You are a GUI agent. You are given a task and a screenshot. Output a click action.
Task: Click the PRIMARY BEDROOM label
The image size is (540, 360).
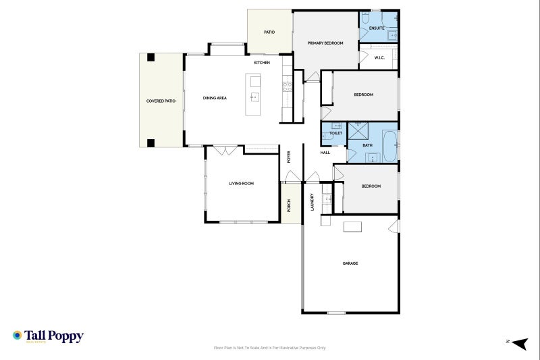coord(325,43)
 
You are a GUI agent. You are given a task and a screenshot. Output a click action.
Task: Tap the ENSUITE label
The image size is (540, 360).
coord(377,28)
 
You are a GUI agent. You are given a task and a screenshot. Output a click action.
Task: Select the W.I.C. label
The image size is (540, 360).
coord(379,57)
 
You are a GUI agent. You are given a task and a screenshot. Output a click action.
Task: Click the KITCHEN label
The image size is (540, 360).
coord(262,63)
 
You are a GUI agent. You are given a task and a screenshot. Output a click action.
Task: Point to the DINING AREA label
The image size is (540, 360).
coord(215,98)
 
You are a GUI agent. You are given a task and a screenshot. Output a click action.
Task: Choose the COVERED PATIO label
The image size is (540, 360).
coord(161,101)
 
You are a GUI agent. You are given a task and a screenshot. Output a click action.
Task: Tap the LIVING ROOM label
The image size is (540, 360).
coord(241,183)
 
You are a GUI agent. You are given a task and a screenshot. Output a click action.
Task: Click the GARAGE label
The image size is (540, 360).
coord(350,263)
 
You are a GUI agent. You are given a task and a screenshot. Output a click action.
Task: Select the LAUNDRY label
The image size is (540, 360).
coord(313,203)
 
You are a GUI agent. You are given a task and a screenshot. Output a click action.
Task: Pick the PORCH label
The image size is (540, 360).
coord(289,207)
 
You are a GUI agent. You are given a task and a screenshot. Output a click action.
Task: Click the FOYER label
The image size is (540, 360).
coord(289,157)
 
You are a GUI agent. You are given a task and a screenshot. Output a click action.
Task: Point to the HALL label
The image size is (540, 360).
coord(325,153)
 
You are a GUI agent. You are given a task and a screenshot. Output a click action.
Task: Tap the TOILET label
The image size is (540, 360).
coord(335,133)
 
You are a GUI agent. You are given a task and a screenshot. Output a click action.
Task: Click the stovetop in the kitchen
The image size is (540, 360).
coord(286,86)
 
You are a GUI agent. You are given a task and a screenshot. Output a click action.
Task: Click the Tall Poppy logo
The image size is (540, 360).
coord(47,336)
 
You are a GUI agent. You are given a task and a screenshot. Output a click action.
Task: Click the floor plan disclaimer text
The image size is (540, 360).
coord(269,348)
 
